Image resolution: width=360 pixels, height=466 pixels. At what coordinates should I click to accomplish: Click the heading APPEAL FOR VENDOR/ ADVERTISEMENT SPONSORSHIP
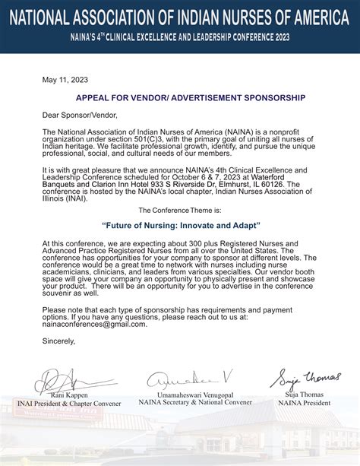click(179, 98)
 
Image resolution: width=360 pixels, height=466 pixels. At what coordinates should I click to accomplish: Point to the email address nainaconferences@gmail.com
click(95, 324)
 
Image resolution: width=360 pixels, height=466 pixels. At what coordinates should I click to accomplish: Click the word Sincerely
click(59, 341)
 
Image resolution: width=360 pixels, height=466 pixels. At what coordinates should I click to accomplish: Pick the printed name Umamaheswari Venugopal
click(194, 395)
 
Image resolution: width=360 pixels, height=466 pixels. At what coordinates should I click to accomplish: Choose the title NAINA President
click(304, 403)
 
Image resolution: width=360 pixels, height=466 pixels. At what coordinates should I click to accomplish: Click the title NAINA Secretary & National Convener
click(194, 403)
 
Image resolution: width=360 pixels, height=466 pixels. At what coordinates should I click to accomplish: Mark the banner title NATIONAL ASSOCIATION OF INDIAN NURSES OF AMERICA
click(180, 17)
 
